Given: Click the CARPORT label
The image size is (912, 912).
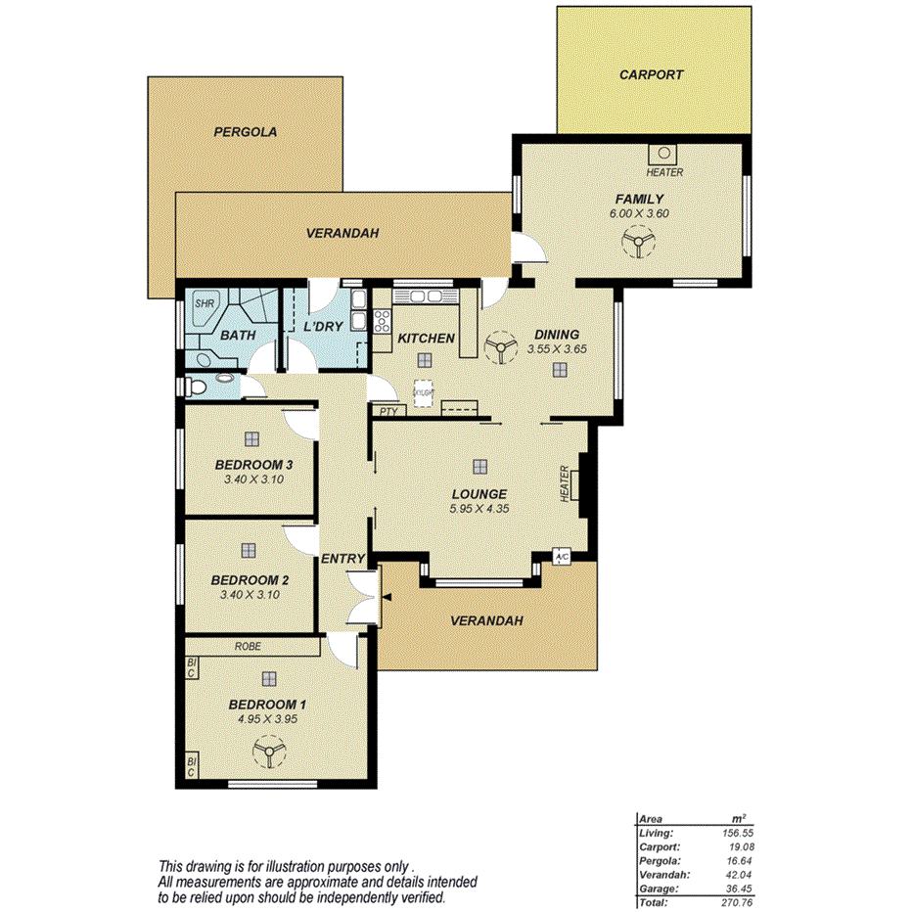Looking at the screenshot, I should click(651, 74).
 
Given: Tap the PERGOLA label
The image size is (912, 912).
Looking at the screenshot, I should click(246, 131).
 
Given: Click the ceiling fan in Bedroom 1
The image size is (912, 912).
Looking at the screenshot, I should click(267, 752).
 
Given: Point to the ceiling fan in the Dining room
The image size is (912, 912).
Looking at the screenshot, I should click(501, 348).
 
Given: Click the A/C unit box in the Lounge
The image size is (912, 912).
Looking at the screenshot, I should click(562, 556).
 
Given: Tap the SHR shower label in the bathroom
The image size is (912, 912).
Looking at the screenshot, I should click(204, 303).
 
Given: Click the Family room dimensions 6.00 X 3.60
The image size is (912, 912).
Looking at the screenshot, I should click(639, 212).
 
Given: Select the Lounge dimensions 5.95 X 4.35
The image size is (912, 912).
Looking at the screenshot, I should click(479, 509).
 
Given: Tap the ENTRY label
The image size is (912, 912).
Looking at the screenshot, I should click(342, 559).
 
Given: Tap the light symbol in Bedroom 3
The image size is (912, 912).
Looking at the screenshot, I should click(252, 439).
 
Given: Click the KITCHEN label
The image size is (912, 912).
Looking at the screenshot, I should click(426, 339).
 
